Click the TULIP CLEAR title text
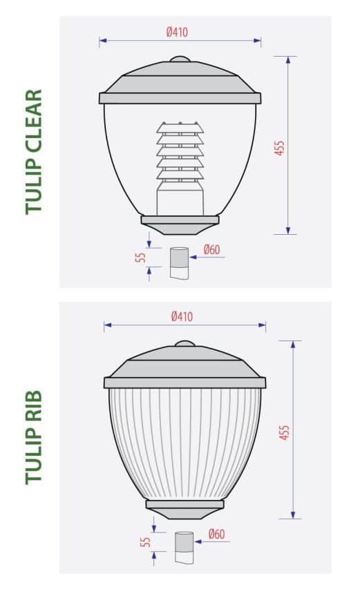(34, 151)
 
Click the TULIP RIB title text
(34, 436)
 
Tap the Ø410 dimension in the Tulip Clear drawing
(177, 32)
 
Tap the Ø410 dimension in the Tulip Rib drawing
(182, 316)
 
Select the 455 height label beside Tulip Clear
(280, 147)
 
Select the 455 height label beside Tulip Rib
(284, 432)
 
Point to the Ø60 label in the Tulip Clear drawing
(211, 249)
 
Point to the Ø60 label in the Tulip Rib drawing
(216, 534)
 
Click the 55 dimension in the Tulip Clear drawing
(141, 257)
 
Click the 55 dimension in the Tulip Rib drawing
(145, 541)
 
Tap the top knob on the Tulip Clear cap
(180, 59)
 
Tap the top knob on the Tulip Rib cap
(184, 343)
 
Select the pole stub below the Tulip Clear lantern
(179, 262)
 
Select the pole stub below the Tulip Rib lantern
(184, 546)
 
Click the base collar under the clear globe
(180, 224)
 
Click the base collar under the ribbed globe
(184, 508)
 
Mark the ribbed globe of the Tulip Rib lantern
(184, 442)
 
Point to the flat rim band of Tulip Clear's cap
(180, 98)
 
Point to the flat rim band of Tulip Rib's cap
(184, 383)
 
